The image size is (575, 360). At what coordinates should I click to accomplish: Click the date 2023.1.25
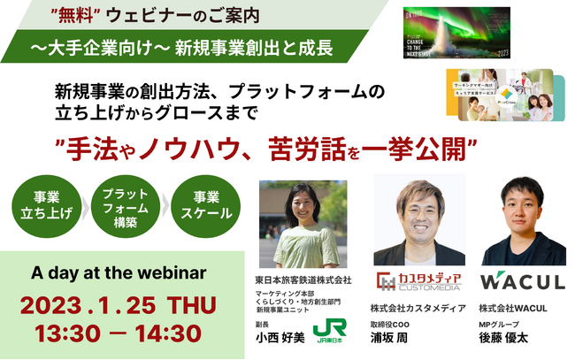(88, 305)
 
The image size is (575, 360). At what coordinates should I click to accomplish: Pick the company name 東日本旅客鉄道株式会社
(302, 280)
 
